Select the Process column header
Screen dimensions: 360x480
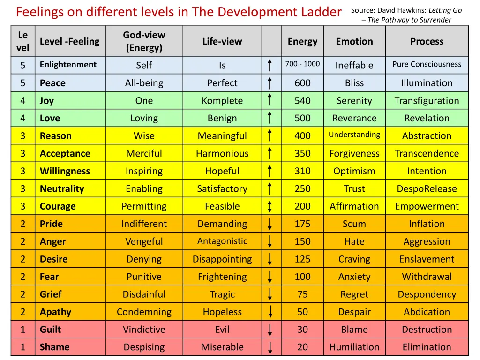[x=427, y=41]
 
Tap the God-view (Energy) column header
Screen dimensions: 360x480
[x=144, y=41]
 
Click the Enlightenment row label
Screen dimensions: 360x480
[x=68, y=65]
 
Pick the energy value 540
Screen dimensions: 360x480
[x=302, y=101]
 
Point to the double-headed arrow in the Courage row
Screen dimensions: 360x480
[x=270, y=207]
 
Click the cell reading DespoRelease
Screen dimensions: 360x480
[x=427, y=189]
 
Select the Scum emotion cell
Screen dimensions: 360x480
[x=354, y=224]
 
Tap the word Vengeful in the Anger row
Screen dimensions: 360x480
[x=144, y=242]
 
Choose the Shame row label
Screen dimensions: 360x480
[x=54, y=347]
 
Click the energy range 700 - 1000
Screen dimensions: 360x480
[x=302, y=64]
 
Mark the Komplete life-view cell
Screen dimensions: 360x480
[x=222, y=101]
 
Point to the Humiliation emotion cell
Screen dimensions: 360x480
[x=354, y=347]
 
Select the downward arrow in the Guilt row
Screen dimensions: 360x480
[x=270, y=330]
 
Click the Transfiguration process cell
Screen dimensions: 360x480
[x=427, y=101]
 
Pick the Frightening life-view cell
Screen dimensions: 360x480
[x=222, y=277]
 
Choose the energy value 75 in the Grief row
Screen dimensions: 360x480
[x=302, y=294]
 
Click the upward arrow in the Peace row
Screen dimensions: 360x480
[x=270, y=83]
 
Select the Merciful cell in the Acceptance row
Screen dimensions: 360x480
[x=144, y=154]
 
